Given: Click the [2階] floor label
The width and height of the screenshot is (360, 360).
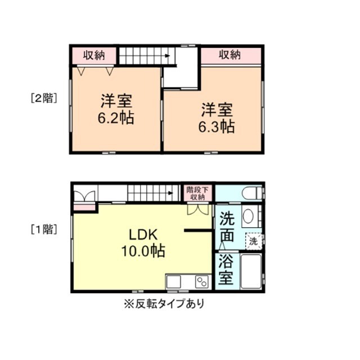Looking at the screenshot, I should tap(43, 98).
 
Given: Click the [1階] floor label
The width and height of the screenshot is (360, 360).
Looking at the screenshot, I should tap(43, 229).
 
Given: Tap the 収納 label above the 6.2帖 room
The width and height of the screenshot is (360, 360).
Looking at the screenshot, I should tap(94, 55).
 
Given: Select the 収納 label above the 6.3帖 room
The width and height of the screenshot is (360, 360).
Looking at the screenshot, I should tap(229, 55).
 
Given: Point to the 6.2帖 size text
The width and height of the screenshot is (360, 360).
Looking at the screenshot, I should tap(117, 119).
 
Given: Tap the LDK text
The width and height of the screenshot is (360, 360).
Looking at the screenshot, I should tap(143, 235).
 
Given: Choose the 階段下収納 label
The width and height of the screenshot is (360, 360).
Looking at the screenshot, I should tap(197, 193).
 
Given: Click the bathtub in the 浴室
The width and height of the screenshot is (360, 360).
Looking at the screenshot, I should tap(249, 271).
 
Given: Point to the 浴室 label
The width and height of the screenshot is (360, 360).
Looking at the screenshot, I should tap(226, 270).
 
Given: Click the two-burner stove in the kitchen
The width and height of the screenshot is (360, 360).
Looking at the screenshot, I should tap(201, 281).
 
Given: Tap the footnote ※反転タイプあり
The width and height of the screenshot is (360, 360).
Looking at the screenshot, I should tap(164, 304).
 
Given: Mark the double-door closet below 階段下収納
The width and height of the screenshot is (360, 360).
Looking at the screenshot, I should tap(197, 209).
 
